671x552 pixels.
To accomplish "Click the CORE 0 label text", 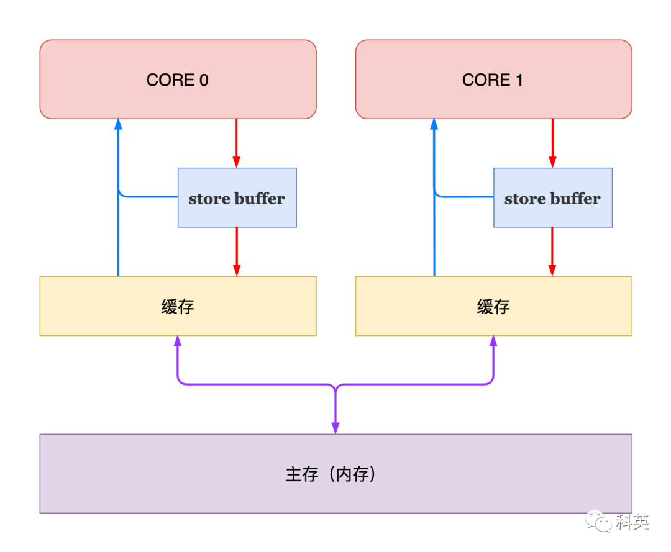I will (x=178, y=80).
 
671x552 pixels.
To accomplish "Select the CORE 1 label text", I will (x=493, y=80).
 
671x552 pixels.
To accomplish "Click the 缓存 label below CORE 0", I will (x=178, y=307).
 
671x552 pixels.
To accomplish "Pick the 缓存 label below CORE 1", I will (x=493, y=307).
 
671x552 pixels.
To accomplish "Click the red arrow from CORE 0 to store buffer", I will (x=237, y=143).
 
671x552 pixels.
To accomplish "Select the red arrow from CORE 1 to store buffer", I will (x=552, y=143).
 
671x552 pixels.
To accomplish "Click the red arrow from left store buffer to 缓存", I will (x=237, y=251).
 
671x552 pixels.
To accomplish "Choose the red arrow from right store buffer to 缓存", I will (x=552, y=251).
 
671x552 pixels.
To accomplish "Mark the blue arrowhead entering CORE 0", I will (x=118, y=124).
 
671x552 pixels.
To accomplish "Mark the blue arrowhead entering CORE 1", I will (x=434, y=124).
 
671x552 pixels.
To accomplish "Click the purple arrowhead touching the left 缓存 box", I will (x=178, y=341).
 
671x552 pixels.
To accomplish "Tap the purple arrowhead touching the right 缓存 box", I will (x=493, y=341).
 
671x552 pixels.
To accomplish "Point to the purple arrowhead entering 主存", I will (x=335, y=428).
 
